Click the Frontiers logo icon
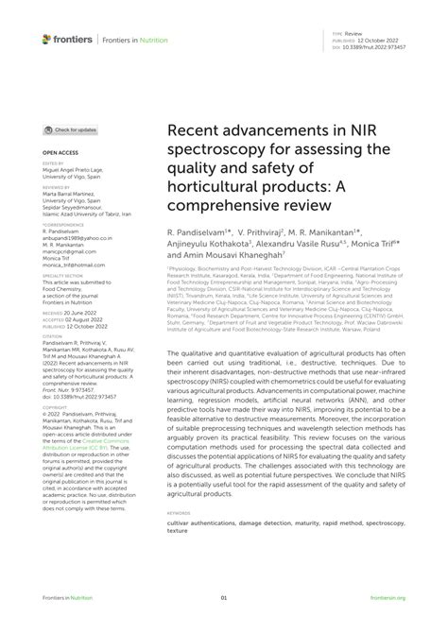pyautogui.click(x=46, y=40)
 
